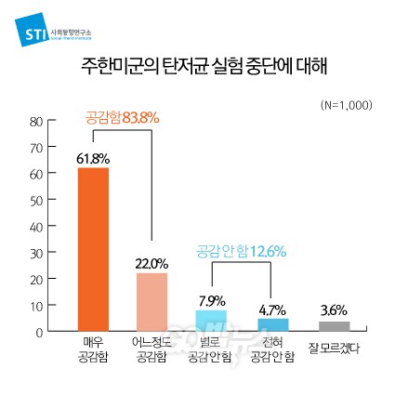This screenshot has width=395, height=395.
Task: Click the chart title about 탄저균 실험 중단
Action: click(197, 67)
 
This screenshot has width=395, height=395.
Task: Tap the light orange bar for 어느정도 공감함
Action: click(151, 302)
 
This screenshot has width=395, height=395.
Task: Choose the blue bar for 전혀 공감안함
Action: click(272, 325)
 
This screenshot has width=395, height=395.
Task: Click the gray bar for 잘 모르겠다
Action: click(333, 326)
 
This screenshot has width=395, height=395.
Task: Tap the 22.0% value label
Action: click(151, 265)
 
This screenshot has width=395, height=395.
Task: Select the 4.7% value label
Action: click(272, 309)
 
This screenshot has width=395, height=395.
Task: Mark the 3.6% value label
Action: click(333, 311)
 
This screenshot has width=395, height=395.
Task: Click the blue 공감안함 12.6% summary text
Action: click(241, 251)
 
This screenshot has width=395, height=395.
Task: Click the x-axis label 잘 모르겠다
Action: click(333, 348)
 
